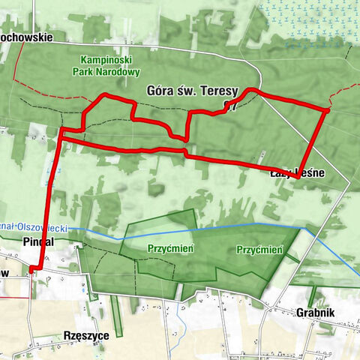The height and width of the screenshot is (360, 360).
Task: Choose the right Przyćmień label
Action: tap(259, 250)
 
